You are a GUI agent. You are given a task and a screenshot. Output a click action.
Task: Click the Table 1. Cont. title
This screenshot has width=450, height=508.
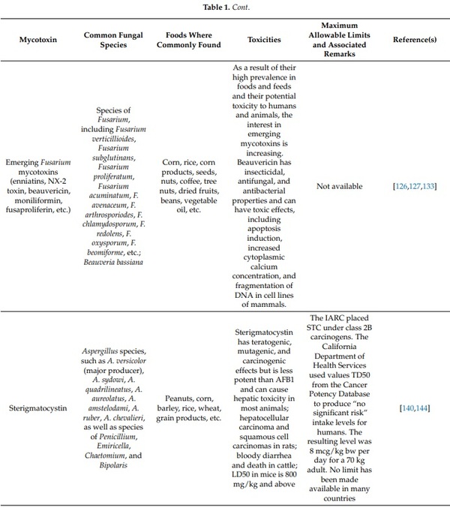(x=224, y=8)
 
